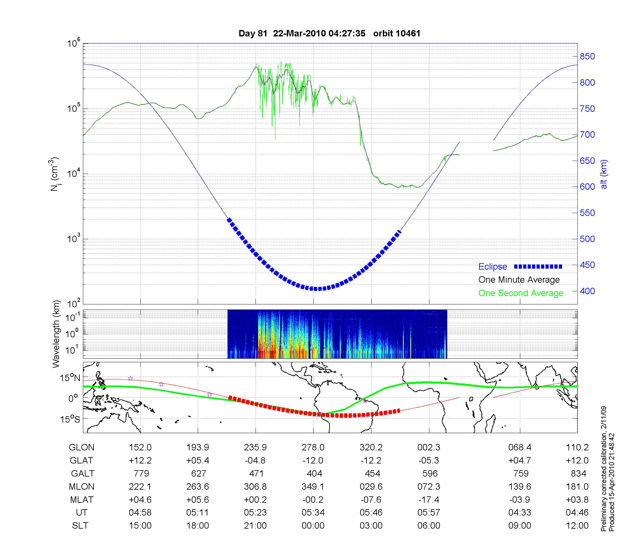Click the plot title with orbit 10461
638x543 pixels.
click(x=329, y=34)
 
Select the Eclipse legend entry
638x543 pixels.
click(x=493, y=267)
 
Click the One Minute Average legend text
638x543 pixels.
click(x=519, y=280)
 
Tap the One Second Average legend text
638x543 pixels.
click(x=521, y=293)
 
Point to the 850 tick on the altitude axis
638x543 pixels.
click(x=587, y=57)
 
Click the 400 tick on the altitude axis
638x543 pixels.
click(x=587, y=291)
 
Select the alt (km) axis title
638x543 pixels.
click(x=604, y=174)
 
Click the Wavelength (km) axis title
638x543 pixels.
click(x=56, y=334)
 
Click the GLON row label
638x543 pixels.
click(x=81, y=447)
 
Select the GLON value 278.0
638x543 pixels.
click(x=313, y=447)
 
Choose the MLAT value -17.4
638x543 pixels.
click(x=429, y=500)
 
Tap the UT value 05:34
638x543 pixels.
click(x=313, y=513)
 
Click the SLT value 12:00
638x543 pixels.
click(x=577, y=526)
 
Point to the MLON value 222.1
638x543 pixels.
click(x=140, y=486)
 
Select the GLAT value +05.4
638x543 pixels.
click(x=198, y=461)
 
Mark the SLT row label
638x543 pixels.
click(x=80, y=526)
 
